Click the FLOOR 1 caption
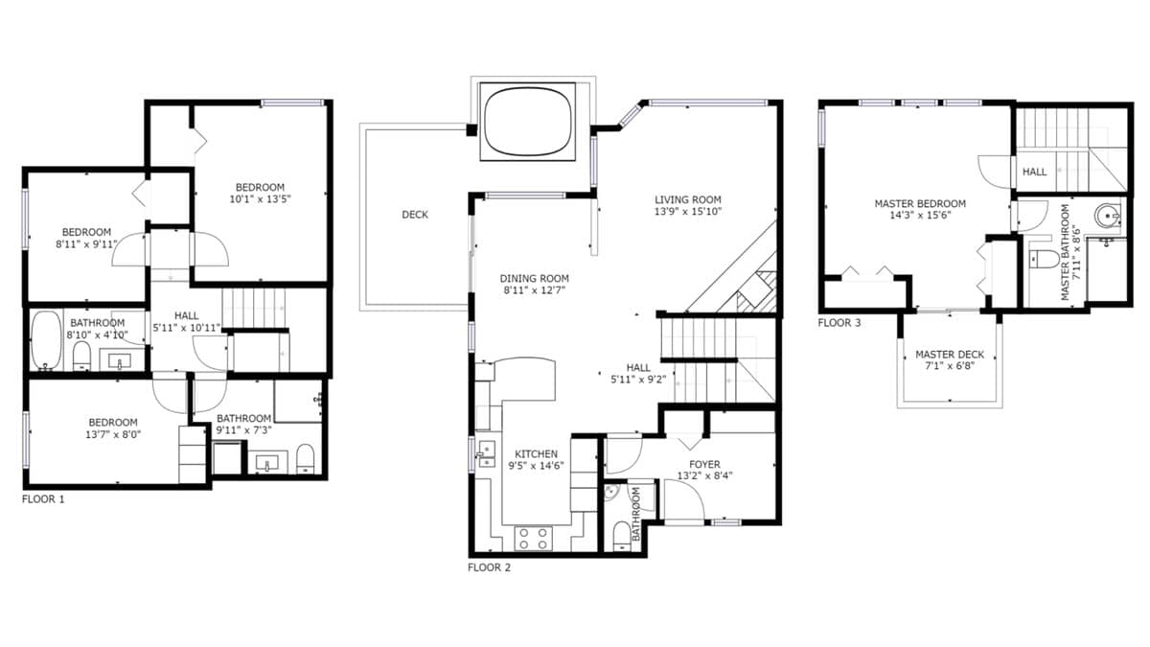pyautogui.click(x=43, y=499)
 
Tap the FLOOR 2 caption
pyautogui.click(x=490, y=567)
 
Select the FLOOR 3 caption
pyautogui.click(x=839, y=323)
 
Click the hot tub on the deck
pyautogui.click(x=528, y=121)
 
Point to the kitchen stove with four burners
pyautogui.click(x=533, y=538)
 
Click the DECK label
pyautogui.click(x=415, y=215)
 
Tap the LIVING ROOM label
pyautogui.click(x=688, y=199)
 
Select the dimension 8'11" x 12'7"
pyautogui.click(x=534, y=290)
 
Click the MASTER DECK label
pyautogui.click(x=950, y=355)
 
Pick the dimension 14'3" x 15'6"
pyautogui.click(x=920, y=215)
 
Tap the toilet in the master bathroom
pyautogui.click(x=1043, y=260)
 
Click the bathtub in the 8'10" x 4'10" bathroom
pyautogui.click(x=46, y=340)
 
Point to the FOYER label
pyautogui.click(x=704, y=464)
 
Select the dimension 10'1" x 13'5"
pyautogui.click(x=260, y=199)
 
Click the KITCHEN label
pyautogui.click(x=536, y=454)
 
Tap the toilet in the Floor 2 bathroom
pyautogui.click(x=622, y=537)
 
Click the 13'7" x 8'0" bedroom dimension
pyautogui.click(x=113, y=434)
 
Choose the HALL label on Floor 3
pyautogui.click(x=1034, y=172)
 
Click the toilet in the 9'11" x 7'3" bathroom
pyautogui.click(x=306, y=458)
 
